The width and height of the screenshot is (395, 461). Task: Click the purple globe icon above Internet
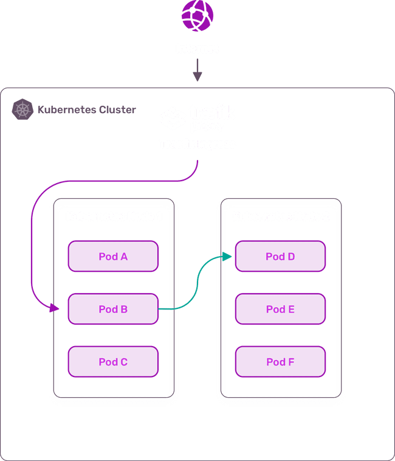tap(197, 16)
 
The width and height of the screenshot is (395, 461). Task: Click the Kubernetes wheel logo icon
tap(23, 110)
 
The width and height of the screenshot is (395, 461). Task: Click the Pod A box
tap(113, 257)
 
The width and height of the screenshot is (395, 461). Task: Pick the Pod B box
tap(113, 309)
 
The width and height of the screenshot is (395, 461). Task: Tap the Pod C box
tap(113, 362)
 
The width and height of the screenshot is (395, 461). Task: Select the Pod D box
tap(280, 257)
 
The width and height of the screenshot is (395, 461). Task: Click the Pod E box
tap(280, 309)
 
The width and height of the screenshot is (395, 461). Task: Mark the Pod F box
tap(280, 362)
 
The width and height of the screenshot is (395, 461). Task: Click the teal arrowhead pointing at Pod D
tap(228, 257)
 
